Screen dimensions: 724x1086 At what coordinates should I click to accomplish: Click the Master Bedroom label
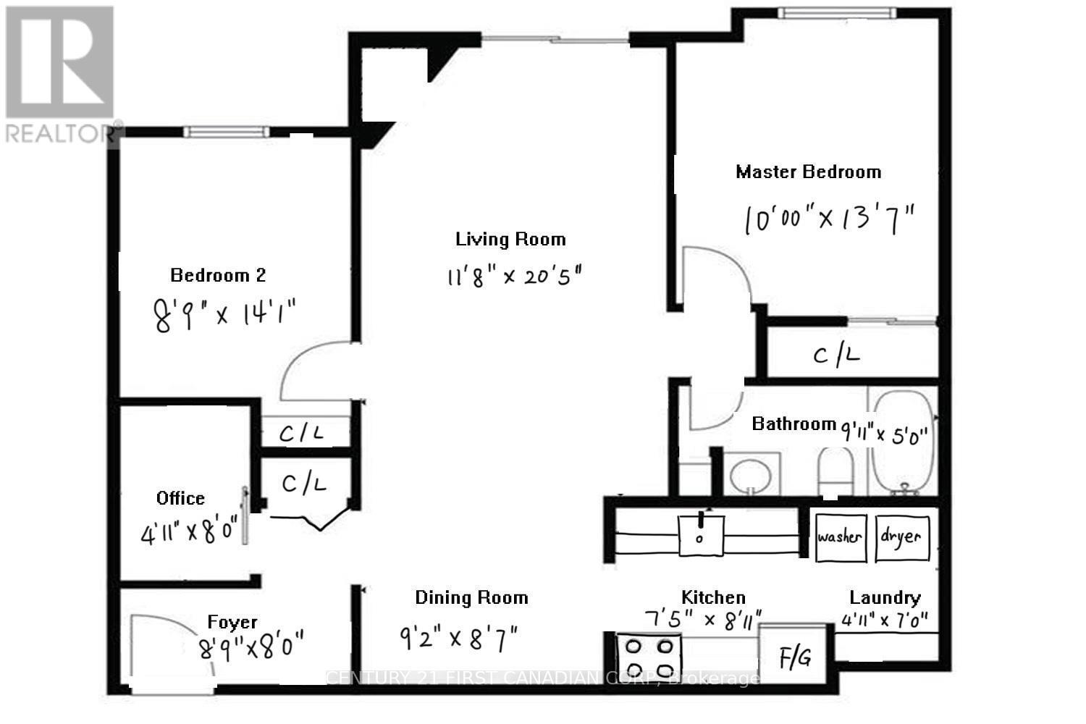click(x=808, y=172)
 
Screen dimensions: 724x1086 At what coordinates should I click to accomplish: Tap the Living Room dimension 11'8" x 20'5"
click(x=514, y=276)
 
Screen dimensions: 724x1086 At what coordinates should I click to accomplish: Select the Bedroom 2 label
click(x=218, y=275)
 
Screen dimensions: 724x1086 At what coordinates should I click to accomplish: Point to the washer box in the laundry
click(x=840, y=537)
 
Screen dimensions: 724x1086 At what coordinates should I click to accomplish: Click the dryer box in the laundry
click(x=901, y=537)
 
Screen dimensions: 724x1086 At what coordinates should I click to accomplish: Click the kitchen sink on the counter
click(x=700, y=533)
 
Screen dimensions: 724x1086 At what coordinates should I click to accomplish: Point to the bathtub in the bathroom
click(x=902, y=442)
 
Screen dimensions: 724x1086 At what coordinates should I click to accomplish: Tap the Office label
click(x=180, y=498)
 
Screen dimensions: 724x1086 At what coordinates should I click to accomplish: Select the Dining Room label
click(x=471, y=597)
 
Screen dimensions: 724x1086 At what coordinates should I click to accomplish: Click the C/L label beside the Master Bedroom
click(x=836, y=355)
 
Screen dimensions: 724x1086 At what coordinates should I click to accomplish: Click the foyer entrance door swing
click(x=170, y=648)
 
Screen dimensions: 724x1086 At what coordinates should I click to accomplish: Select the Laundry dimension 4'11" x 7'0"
click(x=885, y=620)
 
